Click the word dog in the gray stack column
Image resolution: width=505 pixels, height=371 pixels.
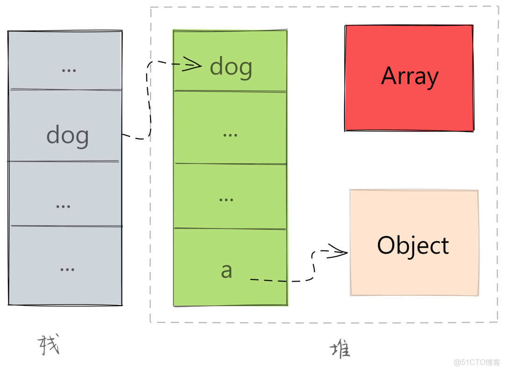[x=67, y=136]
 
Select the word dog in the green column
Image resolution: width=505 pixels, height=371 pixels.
[x=231, y=67]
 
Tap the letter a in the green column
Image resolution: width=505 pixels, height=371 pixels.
[x=227, y=271]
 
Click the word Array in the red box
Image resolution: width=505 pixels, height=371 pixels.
[x=410, y=76]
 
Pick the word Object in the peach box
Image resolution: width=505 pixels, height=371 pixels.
[x=413, y=246]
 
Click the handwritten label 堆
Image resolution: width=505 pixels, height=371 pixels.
[x=340, y=349]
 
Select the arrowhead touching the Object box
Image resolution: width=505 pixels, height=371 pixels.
[x=338, y=252]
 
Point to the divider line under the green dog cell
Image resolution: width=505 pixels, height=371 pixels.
[x=230, y=92]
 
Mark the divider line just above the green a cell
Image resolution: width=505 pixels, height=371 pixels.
[x=230, y=229]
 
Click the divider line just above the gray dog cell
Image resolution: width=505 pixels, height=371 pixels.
[x=65, y=89]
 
